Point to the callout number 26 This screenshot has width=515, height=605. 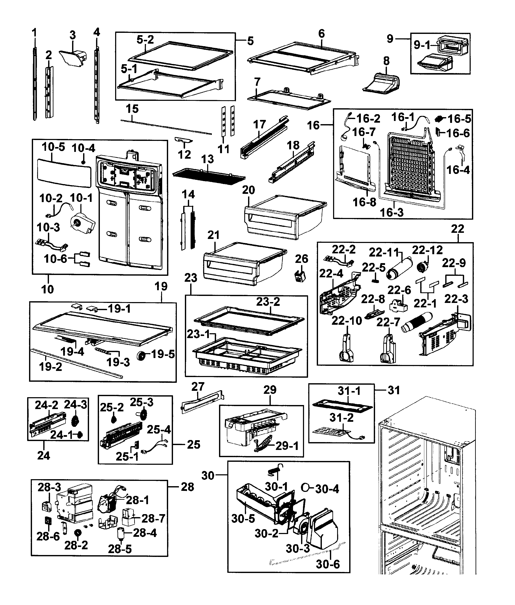[301, 259]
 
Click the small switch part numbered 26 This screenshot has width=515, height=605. [300, 276]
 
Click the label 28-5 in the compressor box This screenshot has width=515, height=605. [120, 549]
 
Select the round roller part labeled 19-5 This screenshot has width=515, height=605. [142, 356]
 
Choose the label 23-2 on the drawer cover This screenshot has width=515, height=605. [268, 302]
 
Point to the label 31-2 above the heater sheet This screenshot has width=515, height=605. [341, 418]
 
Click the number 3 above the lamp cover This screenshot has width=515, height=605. [73, 35]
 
